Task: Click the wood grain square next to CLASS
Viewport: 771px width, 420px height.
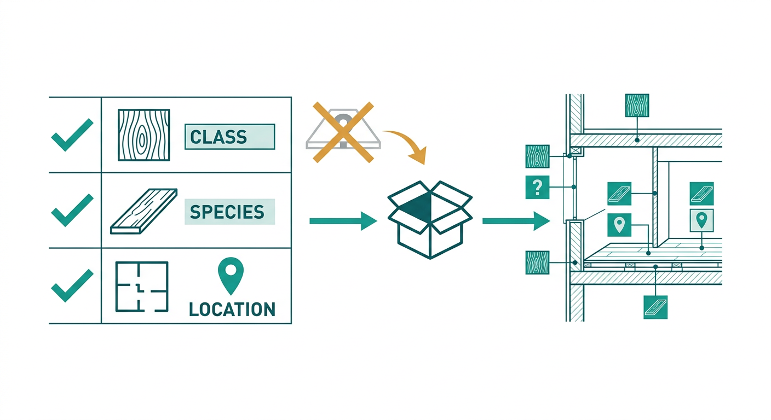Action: [x=144, y=135]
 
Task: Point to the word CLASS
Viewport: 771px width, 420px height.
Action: [x=218, y=137]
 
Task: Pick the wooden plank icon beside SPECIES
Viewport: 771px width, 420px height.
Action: [x=144, y=211]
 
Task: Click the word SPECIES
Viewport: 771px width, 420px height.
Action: [x=227, y=212]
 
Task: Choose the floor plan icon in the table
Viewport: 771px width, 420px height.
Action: [x=142, y=287]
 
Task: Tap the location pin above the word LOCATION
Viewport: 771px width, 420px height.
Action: [x=231, y=276]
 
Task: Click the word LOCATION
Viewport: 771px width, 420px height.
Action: [x=232, y=310]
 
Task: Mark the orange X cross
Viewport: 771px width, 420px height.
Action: [x=343, y=132]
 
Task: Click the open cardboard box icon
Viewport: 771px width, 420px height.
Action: [x=430, y=220]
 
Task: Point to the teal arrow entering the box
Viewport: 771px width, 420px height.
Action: [x=343, y=221]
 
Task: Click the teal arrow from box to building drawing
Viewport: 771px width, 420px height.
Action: [x=516, y=221]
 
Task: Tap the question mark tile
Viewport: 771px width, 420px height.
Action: [x=537, y=188]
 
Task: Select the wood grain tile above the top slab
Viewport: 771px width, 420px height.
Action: [x=637, y=106]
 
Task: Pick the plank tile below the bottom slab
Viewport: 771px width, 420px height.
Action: [x=655, y=307]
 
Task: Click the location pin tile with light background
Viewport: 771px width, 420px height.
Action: [x=701, y=220]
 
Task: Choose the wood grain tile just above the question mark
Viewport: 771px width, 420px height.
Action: [x=537, y=156]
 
